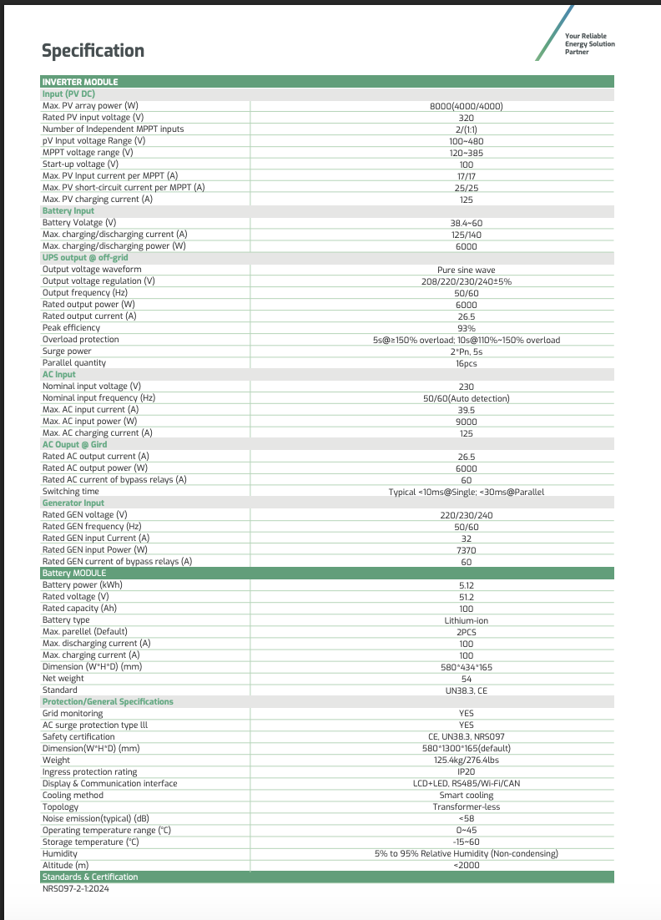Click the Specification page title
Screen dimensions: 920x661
[x=93, y=51]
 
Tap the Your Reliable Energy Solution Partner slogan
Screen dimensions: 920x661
[x=589, y=43]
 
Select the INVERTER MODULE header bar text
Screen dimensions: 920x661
[x=80, y=82]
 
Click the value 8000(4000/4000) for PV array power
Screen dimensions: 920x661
[x=467, y=106]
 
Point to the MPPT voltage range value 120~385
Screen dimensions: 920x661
[x=467, y=153]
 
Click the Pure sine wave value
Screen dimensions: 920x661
[x=467, y=270]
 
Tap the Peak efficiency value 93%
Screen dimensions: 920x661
[x=467, y=328]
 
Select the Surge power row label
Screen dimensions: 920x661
[x=67, y=351]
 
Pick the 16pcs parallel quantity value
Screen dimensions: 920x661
[x=467, y=363]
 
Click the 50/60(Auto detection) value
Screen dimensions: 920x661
[x=467, y=398]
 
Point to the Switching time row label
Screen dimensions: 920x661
[x=73, y=492]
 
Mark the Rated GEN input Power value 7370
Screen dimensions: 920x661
[x=467, y=550]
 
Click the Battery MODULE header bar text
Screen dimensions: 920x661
[x=74, y=574]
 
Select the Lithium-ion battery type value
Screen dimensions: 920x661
[x=467, y=620]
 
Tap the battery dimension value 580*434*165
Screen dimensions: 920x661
[x=467, y=667]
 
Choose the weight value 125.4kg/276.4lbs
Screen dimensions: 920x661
[x=467, y=761]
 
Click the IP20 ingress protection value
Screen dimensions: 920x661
[x=467, y=772]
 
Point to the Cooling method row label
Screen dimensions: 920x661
[x=73, y=796]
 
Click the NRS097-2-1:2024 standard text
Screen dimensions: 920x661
[x=76, y=889]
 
